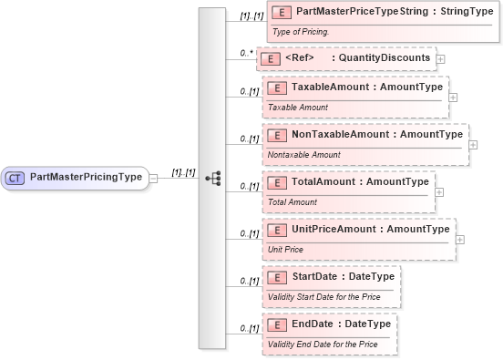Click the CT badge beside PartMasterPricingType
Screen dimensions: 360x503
[16, 177]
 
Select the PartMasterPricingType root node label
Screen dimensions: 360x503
[87, 177]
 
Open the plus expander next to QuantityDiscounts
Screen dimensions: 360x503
[441, 58]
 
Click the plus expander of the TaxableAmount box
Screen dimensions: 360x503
[453, 96]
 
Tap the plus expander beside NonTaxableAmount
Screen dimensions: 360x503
[472, 144]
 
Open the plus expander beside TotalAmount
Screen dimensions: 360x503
[439, 191]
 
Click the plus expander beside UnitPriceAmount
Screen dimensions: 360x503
[459, 239]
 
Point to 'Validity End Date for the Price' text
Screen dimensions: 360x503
[323, 344]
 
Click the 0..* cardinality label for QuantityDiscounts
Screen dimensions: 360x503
[245, 53]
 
